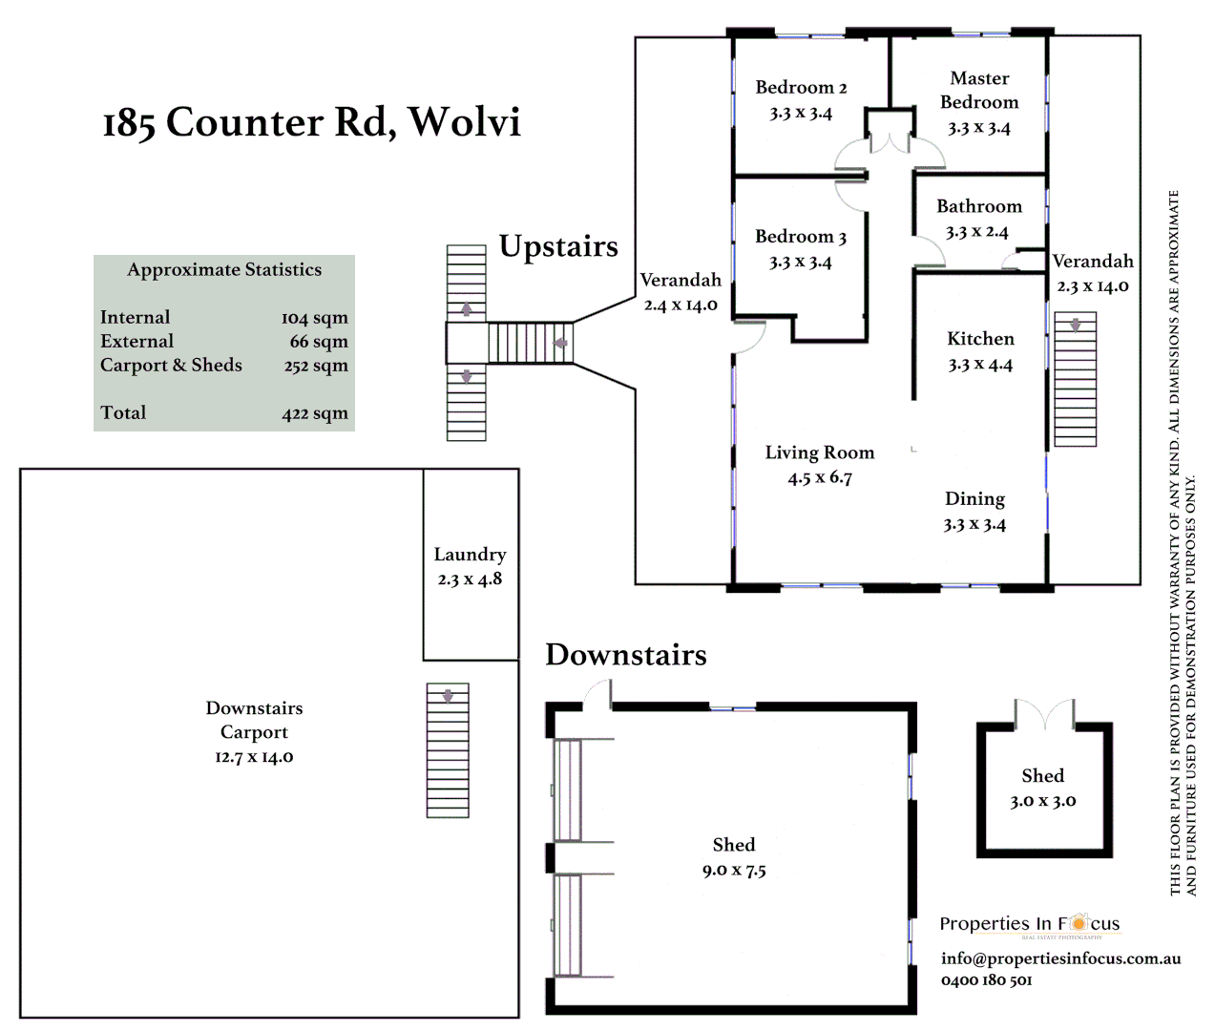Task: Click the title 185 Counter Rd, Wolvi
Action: [x=311, y=122]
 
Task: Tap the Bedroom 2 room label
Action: [x=801, y=88]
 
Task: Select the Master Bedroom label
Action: [x=979, y=91]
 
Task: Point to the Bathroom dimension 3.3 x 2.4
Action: [x=977, y=232]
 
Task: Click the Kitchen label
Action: [x=980, y=339]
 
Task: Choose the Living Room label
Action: [x=819, y=452]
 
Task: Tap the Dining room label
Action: [x=974, y=499]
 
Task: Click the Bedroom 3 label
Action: [x=800, y=237]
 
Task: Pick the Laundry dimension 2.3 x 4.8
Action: [x=470, y=579]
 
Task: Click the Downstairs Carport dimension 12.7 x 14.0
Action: [x=254, y=757]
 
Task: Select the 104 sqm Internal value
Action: [x=314, y=318]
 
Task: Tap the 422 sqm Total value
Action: [x=314, y=413]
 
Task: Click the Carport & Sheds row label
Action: [x=171, y=366]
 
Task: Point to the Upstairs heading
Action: [x=558, y=246]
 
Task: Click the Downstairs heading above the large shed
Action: [x=626, y=655]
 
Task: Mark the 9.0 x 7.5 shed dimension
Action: [x=734, y=871]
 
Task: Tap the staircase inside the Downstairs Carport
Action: [x=448, y=750]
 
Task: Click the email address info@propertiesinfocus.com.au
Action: [x=1060, y=958]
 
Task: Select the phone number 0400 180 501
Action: [x=986, y=980]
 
